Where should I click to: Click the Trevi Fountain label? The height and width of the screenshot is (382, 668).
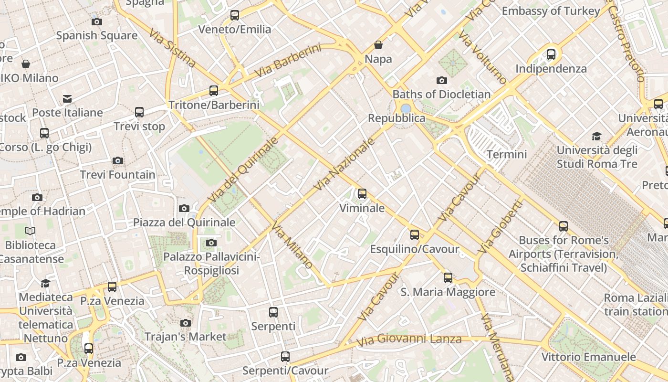117,175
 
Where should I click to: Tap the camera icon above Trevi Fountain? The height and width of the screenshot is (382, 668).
118,161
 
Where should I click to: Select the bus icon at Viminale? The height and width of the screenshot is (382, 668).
362,194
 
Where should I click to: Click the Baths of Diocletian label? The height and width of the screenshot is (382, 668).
441,94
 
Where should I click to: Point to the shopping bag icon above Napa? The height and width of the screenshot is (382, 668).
378,45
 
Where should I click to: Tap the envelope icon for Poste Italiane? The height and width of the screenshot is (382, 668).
67,99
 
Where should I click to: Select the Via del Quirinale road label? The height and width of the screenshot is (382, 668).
243,169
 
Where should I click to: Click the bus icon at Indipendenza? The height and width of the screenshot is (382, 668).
551,54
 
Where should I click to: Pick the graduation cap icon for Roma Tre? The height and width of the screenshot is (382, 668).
596,137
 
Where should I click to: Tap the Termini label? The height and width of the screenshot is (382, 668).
507,154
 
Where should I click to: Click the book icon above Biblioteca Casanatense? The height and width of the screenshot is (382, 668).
30,231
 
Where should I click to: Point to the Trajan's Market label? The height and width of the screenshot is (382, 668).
185,337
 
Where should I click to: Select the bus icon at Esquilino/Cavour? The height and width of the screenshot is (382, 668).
415,235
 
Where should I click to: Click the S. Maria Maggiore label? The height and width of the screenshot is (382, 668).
448,292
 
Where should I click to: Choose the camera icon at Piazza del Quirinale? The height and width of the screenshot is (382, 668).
184,208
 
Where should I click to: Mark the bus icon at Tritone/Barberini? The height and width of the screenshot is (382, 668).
214,91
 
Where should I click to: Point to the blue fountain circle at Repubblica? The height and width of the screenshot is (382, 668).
406,108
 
